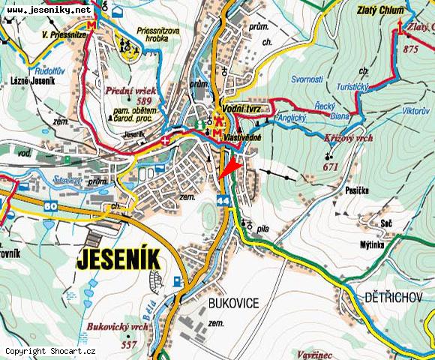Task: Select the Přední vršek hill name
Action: point(130,90)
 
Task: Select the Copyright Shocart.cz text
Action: point(50,351)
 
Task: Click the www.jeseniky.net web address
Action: point(49,10)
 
